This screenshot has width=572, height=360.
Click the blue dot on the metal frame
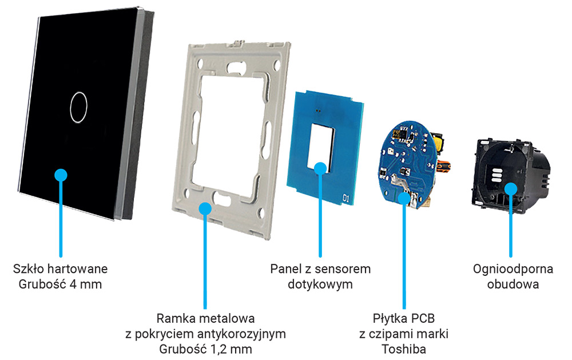(x=204, y=209)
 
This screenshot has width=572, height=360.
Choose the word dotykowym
(x=320, y=284)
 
